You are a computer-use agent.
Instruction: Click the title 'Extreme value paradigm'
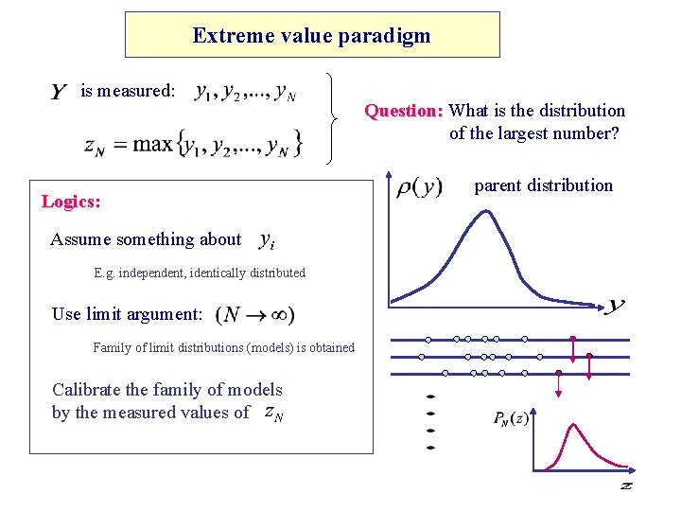311,36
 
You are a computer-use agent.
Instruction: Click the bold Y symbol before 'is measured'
59,92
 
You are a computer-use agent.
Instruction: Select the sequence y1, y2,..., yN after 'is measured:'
245,93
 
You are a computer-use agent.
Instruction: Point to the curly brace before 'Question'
332,118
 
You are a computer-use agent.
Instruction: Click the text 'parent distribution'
543,185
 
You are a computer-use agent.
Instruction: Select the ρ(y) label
417,185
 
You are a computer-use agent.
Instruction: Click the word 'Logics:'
71,202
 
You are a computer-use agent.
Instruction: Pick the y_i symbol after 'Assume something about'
267,240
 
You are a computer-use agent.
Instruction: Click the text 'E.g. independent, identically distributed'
200,273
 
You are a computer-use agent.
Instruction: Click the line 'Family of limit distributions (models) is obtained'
223,348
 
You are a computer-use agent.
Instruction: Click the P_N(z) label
511,417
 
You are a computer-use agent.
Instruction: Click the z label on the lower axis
625,485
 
